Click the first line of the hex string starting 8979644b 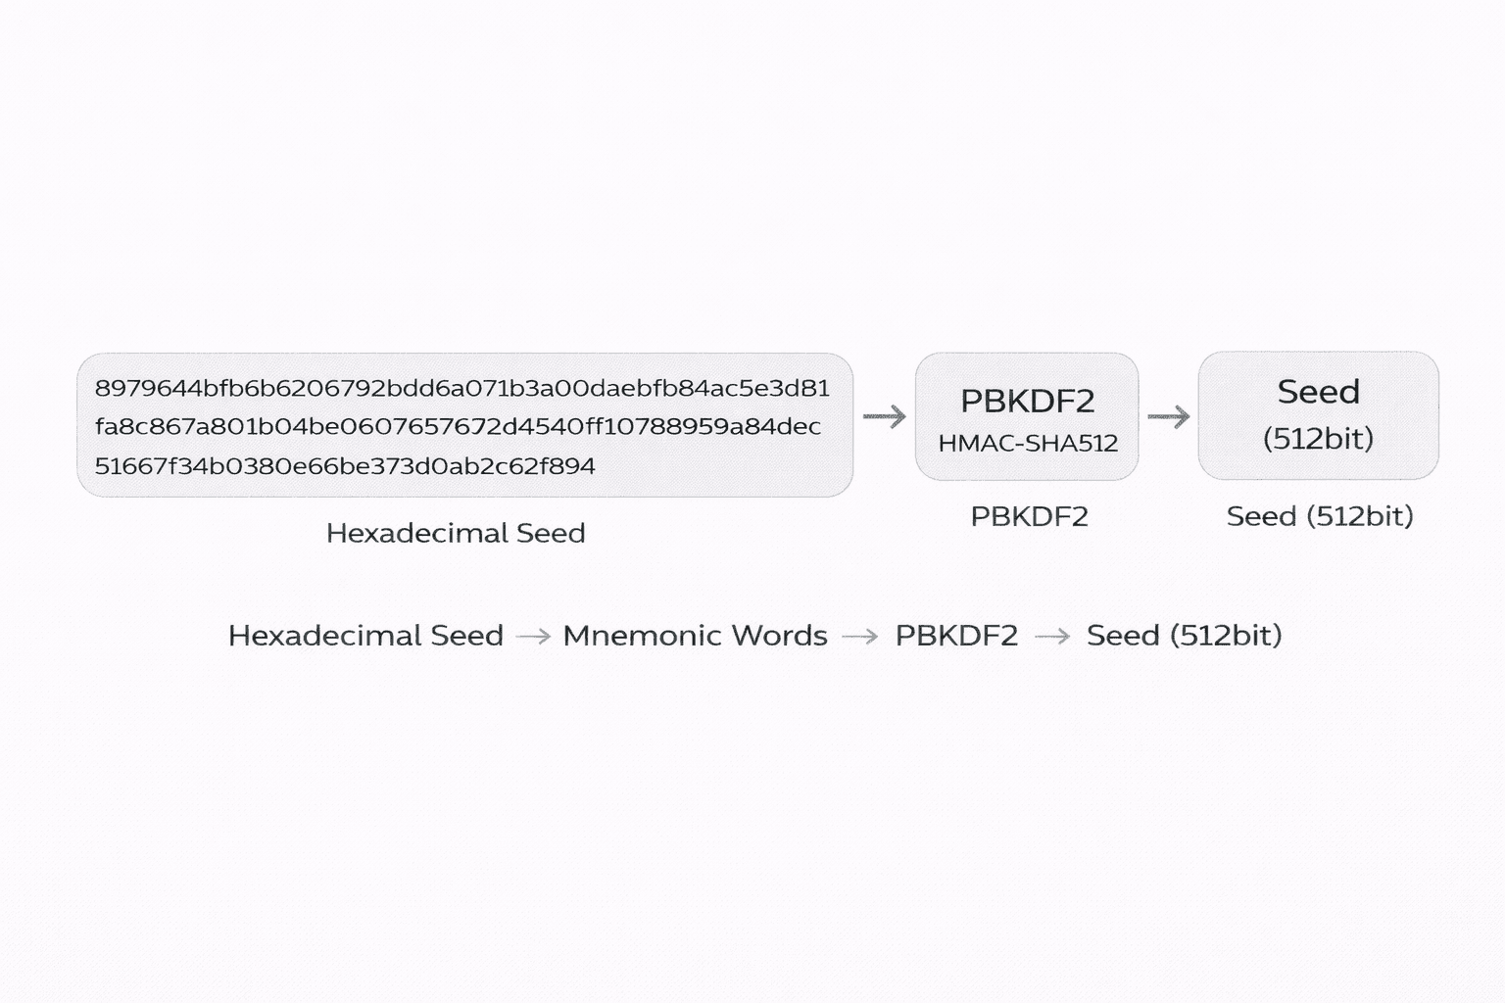point(461,388)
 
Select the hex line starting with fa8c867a point(458,427)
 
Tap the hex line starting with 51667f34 point(345,466)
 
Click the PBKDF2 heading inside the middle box point(1027,401)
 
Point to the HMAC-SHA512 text point(1028,444)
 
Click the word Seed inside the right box point(1318,392)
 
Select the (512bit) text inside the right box point(1318,438)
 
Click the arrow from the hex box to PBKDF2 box point(884,417)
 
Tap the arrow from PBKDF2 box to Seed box point(1168,417)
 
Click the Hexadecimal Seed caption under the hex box point(456,533)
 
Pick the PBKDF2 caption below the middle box point(1029,516)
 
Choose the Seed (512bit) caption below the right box point(1320,516)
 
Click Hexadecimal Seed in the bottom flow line point(365,636)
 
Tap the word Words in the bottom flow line point(779,636)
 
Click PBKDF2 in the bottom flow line point(956,636)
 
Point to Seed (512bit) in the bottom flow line point(1184,636)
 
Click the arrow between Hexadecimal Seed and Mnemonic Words point(533,637)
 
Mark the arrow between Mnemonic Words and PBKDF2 point(860,637)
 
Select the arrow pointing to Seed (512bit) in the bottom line point(1052,637)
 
